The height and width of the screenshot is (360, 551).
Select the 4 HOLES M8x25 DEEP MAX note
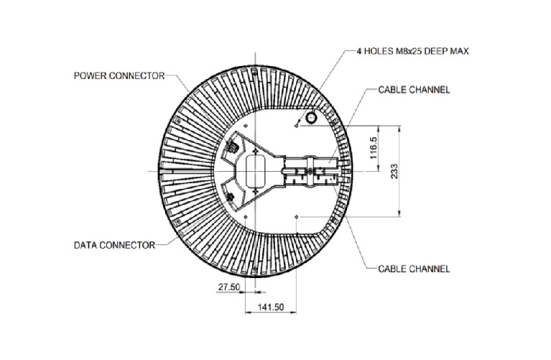413,52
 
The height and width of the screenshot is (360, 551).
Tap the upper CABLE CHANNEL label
414,90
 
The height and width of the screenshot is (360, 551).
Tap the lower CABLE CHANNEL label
414,269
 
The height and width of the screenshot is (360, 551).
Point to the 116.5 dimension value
374,149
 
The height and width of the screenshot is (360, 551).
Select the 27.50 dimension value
228,286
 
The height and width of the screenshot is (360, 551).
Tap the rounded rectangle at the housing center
255,171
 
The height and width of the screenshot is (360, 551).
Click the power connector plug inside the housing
233,147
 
